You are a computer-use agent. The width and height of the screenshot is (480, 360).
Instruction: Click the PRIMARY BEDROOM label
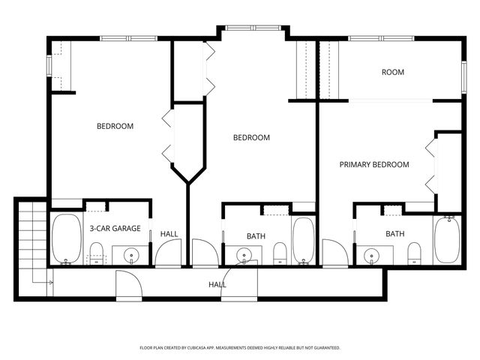pos(374,165)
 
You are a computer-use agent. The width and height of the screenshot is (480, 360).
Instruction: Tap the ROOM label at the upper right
pos(393,73)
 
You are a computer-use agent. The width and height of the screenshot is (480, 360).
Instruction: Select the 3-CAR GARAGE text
pos(115,228)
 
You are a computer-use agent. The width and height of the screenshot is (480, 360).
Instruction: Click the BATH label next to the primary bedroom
pos(395,234)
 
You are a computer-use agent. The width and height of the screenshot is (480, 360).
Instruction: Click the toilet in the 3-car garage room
pos(96,258)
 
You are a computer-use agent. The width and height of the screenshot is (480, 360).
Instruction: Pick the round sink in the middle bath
pos(244,256)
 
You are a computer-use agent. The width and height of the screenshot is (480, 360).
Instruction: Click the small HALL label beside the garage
pos(169,234)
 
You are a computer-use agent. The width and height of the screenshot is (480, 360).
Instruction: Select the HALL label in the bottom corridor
pos(217,285)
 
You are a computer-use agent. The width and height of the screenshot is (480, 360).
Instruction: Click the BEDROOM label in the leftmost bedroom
pos(115,126)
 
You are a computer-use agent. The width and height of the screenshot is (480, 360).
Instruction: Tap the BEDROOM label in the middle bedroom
pos(251,137)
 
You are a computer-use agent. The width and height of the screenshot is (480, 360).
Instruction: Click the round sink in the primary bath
pos(373,256)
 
